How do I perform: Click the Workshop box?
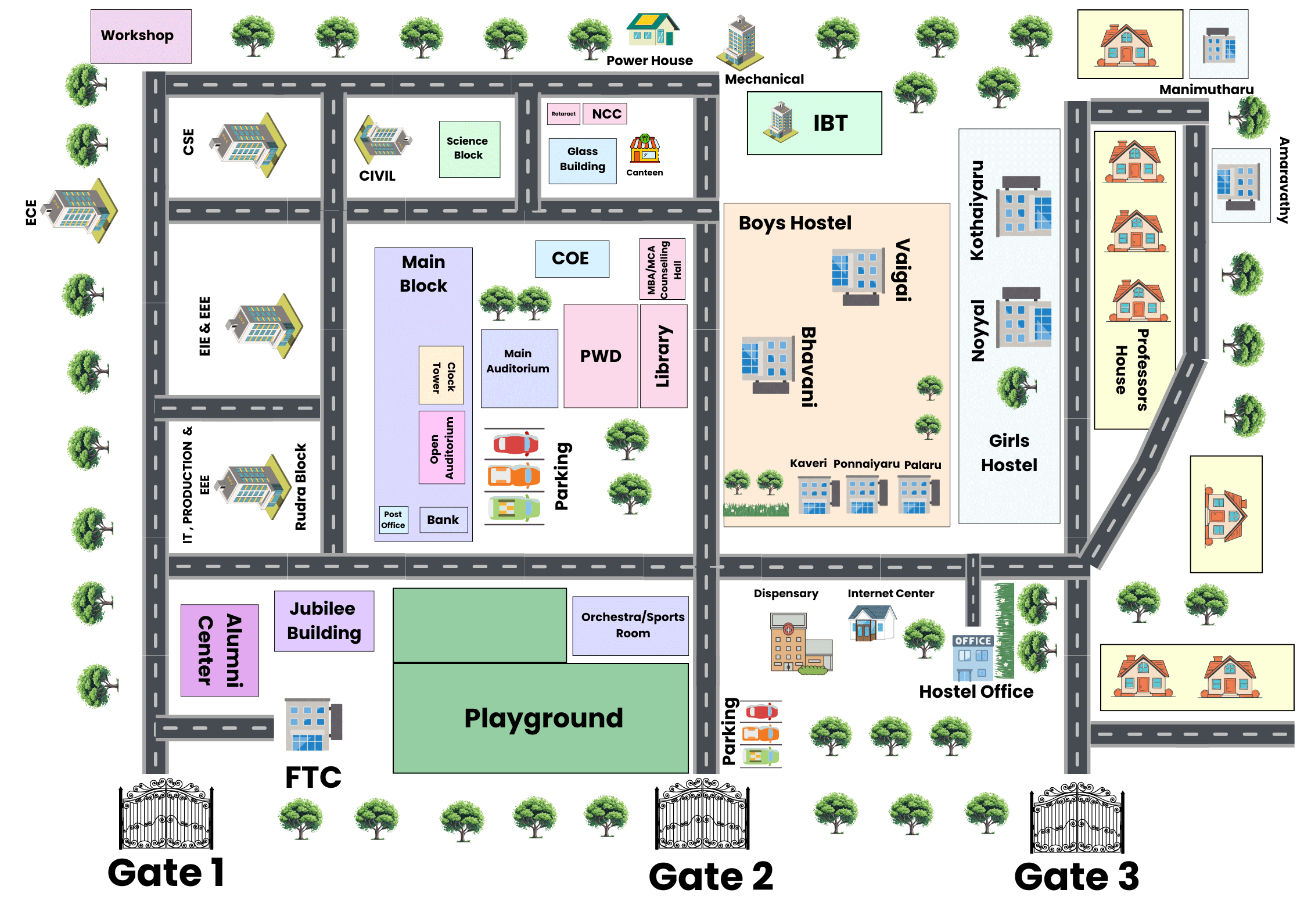pos(141,36)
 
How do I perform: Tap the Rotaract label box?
pos(563,114)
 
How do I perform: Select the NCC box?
pos(605,114)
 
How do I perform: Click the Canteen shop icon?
pos(645,149)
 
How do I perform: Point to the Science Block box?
pos(469,149)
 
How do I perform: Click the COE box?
pos(572,259)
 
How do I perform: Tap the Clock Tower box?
pos(441,375)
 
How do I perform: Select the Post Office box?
pos(393,519)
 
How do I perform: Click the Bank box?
pos(443,519)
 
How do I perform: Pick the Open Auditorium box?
pos(442,447)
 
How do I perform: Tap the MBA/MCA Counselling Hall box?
pos(662,269)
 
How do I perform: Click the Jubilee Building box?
pos(324,620)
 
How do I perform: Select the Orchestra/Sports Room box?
pos(631,625)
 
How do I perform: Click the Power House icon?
pos(652,30)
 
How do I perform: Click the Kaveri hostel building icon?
pos(817,494)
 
